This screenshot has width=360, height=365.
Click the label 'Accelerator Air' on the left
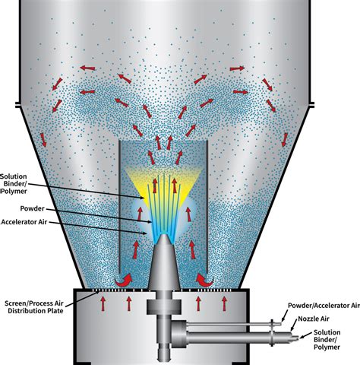click(24, 222)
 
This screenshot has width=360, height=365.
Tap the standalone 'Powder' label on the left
click(33, 208)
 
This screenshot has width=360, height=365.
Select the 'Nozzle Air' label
click(314, 319)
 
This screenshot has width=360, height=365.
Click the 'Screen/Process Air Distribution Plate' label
click(34, 307)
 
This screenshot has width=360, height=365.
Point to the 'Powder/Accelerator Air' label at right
click(324, 306)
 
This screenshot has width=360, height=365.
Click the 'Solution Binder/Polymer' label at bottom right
click(327, 339)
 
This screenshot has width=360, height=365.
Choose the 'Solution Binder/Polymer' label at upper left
click(14, 184)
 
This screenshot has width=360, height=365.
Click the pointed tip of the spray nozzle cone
click(164, 234)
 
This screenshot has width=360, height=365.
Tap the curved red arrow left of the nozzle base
click(124, 280)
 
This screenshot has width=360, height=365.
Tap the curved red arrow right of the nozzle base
click(205, 280)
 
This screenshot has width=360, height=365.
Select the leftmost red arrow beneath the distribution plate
click(103, 303)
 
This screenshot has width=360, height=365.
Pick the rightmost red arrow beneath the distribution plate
click(224, 303)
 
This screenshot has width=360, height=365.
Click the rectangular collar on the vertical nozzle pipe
click(164, 306)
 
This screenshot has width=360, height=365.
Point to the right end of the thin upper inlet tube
click(280, 324)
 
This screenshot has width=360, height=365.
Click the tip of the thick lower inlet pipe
click(297, 338)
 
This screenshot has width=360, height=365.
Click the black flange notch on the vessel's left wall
click(17, 105)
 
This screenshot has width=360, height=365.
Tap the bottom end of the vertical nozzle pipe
click(164, 360)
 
